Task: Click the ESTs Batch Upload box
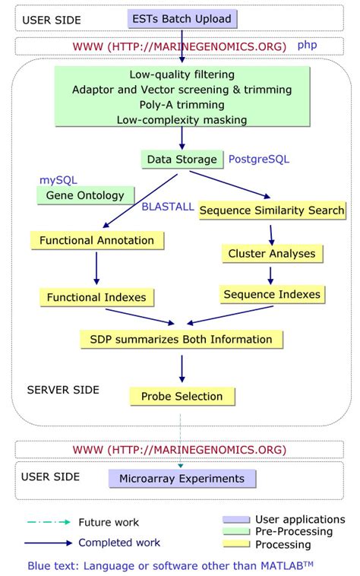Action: click(182, 17)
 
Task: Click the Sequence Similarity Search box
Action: click(272, 210)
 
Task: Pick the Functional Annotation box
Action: click(96, 240)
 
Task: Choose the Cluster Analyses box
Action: click(271, 254)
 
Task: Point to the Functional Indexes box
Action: click(96, 296)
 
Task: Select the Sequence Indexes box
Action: click(271, 294)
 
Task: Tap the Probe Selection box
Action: click(182, 396)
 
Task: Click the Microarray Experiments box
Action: click(182, 479)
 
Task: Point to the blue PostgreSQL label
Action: click(260, 160)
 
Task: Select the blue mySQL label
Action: click(58, 179)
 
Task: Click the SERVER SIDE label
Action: click(63, 389)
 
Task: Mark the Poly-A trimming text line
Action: click(182, 105)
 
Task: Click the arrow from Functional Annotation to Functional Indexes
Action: click(96, 267)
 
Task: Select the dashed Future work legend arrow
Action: click(47, 522)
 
